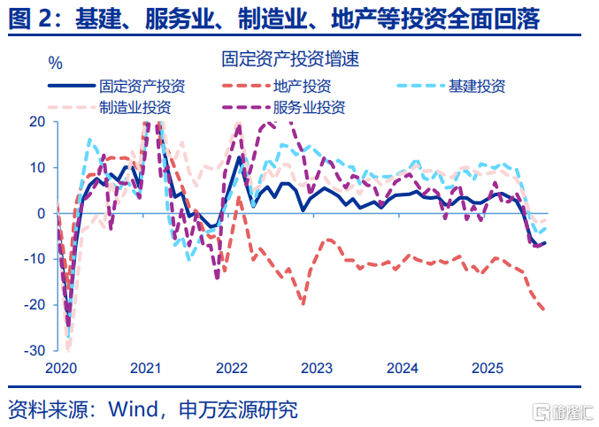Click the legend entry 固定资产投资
[142, 87]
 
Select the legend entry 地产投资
[303, 87]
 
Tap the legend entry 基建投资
[476, 87]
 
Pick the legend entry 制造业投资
[135, 108]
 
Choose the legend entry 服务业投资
[309, 108]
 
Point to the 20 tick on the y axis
[37, 122]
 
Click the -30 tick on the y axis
[35, 351]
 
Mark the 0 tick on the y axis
[42, 214]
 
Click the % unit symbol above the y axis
[56, 64]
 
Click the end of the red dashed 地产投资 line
[544, 309]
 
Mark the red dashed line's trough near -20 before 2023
[303, 304]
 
